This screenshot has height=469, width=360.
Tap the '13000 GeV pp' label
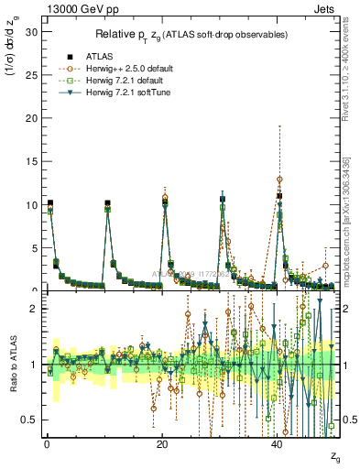(69, 8)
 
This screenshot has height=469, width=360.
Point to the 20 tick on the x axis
(162, 444)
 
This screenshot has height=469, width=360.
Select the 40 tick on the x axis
(278, 444)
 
